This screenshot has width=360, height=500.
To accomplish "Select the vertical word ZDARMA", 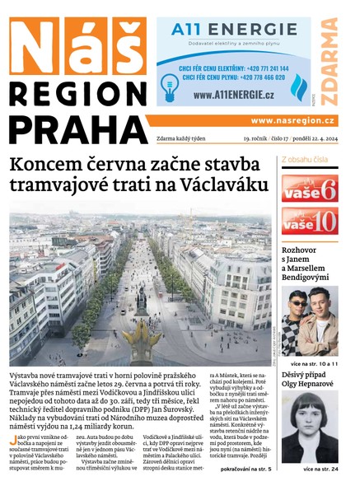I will tap(330, 61).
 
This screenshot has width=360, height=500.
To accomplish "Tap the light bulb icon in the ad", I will tap(170, 83).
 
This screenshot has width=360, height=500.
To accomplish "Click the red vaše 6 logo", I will tap(310, 189).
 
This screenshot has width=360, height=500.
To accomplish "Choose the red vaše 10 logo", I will tap(310, 221).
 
